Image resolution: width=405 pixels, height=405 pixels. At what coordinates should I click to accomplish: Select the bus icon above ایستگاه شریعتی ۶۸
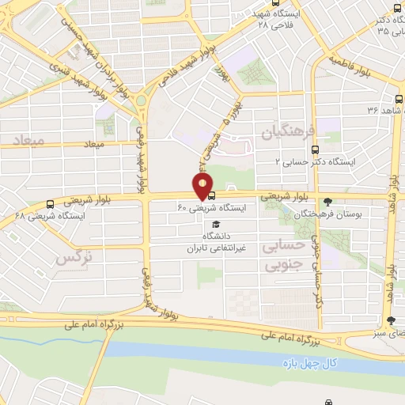tap(51, 203)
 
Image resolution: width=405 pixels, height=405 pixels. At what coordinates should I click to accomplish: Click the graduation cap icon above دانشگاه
tap(217, 223)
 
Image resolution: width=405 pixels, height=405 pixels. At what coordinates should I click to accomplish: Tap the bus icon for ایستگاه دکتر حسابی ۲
tap(316, 149)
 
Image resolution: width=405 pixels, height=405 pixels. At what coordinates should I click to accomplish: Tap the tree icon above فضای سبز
tap(391, 320)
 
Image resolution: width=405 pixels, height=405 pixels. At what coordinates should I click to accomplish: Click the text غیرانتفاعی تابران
tap(217, 248)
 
